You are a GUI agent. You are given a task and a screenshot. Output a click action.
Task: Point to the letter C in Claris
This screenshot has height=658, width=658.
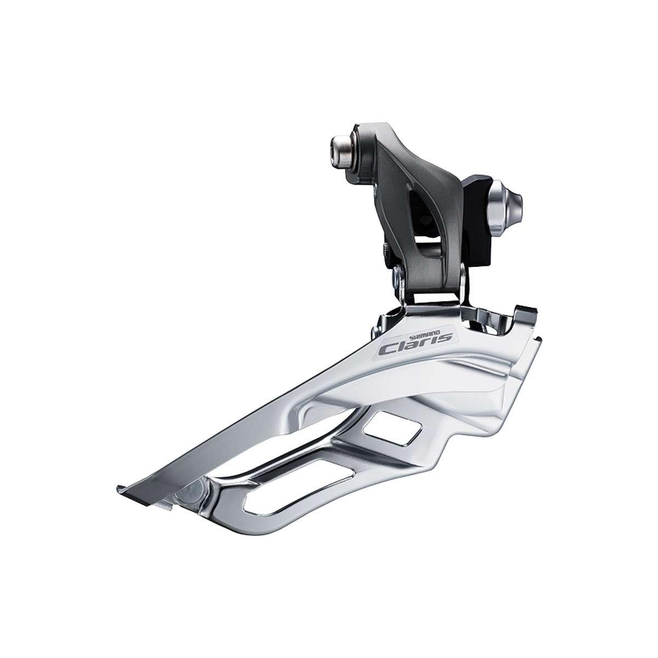pyautogui.click(x=390, y=349)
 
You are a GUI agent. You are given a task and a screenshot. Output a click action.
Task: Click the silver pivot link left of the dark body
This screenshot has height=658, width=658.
pyautogui.click(x=399, y=280)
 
